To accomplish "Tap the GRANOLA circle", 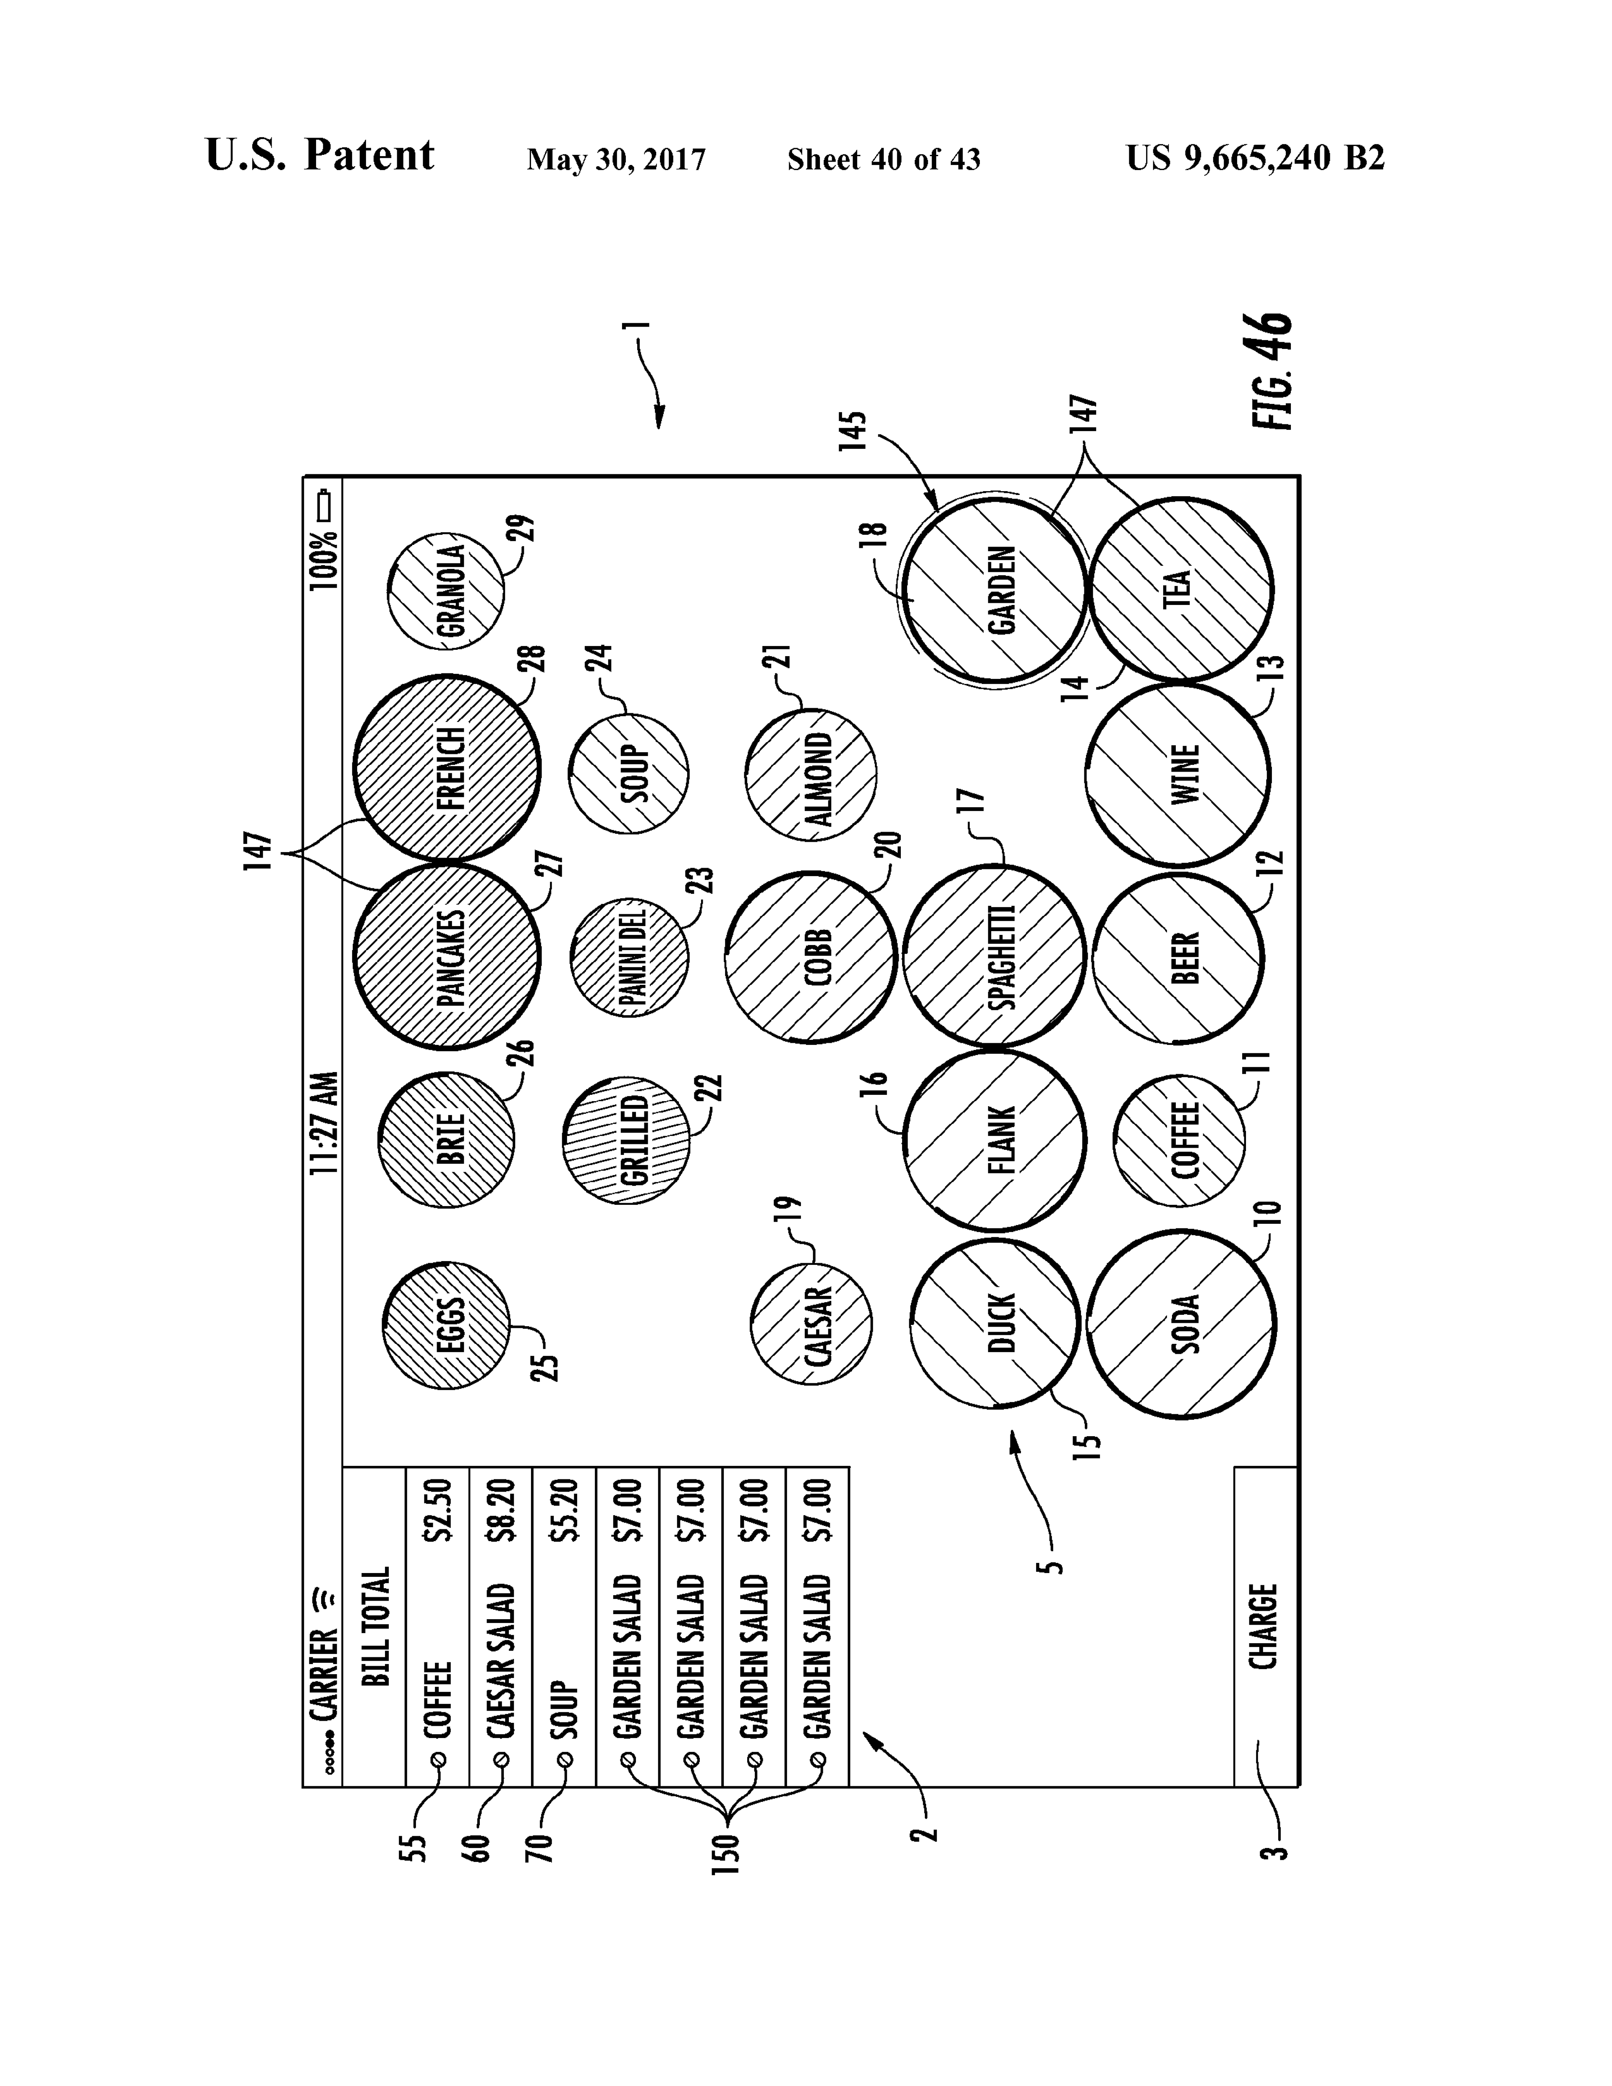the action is pyautogui.click(x=446, y=591).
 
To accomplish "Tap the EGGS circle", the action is pyautogui.click(x=446, y=1325).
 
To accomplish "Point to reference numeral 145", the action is pyautogui.click(x=853, y=432).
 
